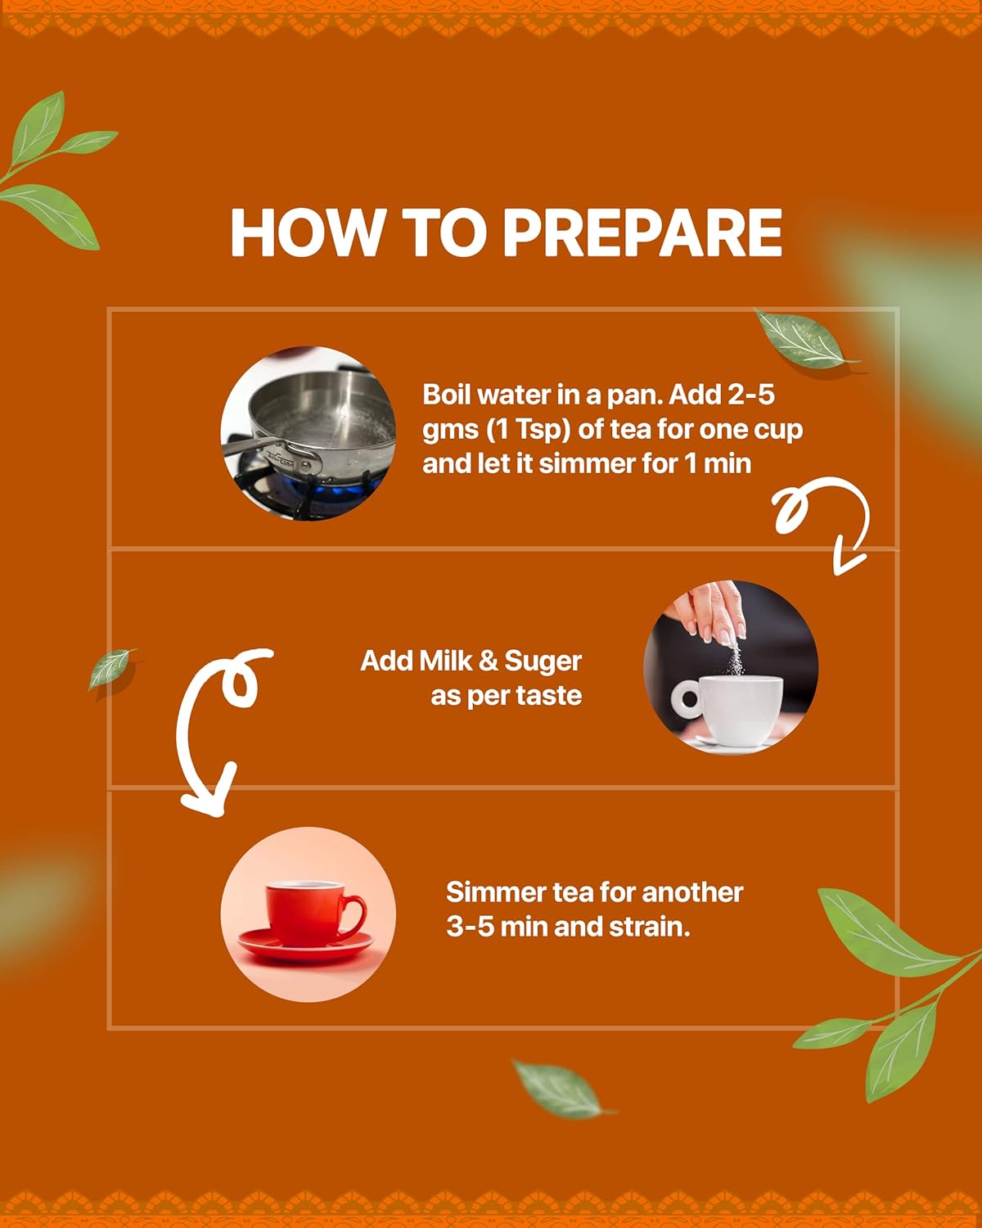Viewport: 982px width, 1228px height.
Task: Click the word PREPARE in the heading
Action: [x=642, y=233]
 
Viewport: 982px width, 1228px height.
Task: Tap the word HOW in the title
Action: [x=306, y=233]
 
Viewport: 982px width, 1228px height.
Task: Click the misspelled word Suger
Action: [x=543, y=662]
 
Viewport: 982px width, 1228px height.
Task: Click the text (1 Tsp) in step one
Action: [x=529, y=431]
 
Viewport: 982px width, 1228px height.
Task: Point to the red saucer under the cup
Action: [x=306, y=945]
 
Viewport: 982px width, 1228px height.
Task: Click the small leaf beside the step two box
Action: [x=111, y=669]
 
